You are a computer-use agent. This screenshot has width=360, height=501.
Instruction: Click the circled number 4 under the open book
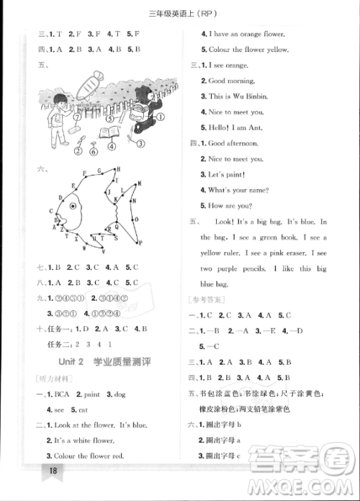click(112, 145)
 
